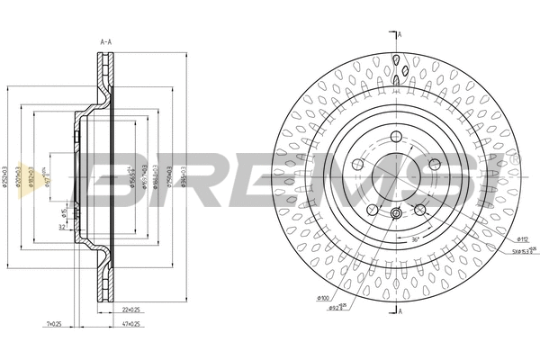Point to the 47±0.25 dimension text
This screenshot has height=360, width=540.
click(130, 323)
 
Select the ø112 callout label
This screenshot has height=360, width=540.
click(521, 238)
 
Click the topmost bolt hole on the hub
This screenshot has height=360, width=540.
click(395, 138)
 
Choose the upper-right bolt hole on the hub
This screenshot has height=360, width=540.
click(434, 164)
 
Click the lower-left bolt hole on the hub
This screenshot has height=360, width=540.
click(372, 209)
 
